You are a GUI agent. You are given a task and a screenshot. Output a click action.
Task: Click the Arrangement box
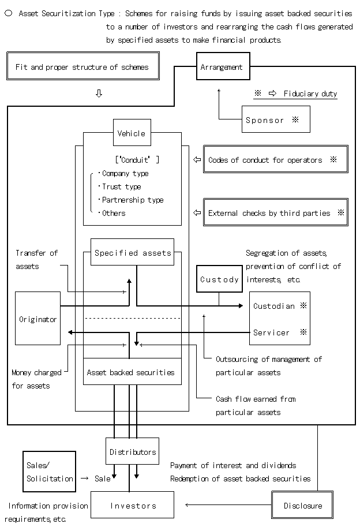[x=222, y=67]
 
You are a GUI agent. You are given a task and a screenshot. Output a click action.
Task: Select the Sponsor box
[x=276, y=119]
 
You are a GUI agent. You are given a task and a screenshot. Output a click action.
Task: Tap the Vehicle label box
[x=132, y=133]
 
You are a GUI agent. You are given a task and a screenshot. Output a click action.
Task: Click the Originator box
[x=37, y=319]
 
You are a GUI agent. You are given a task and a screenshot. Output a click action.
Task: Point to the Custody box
[x=219, y=279]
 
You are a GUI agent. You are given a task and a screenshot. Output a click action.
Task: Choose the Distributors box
[x=133, y=452]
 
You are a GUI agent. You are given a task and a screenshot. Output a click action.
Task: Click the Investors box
[x=133, y=505]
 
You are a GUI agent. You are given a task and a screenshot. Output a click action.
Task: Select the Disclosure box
[x=303, y=506]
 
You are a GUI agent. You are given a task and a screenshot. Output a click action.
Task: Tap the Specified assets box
[x=133, y=252]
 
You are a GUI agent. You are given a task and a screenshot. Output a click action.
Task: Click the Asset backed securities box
[x=132, y=372]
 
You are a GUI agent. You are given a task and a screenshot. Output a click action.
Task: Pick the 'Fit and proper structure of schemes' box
[x=81, y=67]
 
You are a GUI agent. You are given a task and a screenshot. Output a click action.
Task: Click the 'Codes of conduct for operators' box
[x=275, y=159]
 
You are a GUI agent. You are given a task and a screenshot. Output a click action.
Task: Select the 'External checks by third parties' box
[x=275, y=212]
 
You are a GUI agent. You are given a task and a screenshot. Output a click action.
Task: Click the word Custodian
[x=273, y=306]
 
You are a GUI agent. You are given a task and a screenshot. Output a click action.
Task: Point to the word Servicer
[x=271, y=332]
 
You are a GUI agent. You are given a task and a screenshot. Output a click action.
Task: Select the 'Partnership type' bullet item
[x=132, y=200]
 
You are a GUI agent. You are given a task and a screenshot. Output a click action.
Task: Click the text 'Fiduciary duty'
[x=310, y=94]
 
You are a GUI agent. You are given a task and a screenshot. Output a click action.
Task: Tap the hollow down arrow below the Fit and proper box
[x=99, y=94]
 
